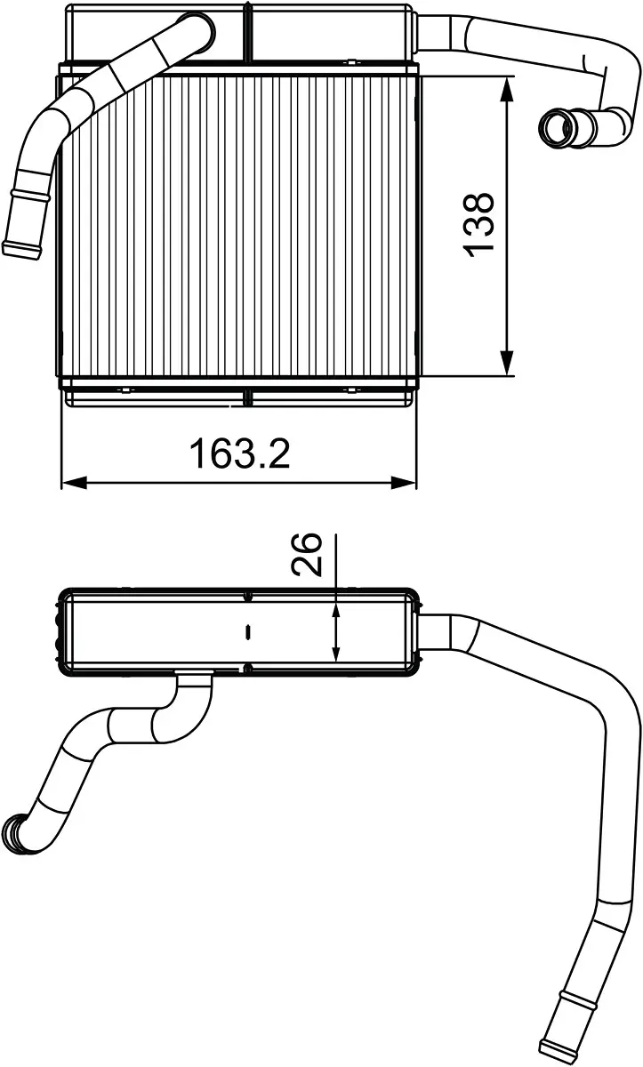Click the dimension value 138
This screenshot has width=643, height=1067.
(x=479, y=223)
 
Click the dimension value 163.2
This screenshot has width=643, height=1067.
(x=239, y=454)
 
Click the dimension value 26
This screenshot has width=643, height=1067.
(x=307, y=556)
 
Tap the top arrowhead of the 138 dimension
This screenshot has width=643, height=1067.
(x=507, y=89)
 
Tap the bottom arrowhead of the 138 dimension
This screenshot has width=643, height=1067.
(x=507, y=363)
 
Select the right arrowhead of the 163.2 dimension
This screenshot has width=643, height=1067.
(x=405, y=483)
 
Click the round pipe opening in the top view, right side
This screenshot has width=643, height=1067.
(x=558, y=127)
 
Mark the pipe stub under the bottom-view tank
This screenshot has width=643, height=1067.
(x=193, y=682)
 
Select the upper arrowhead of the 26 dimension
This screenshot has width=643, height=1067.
(x=336, y=608)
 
